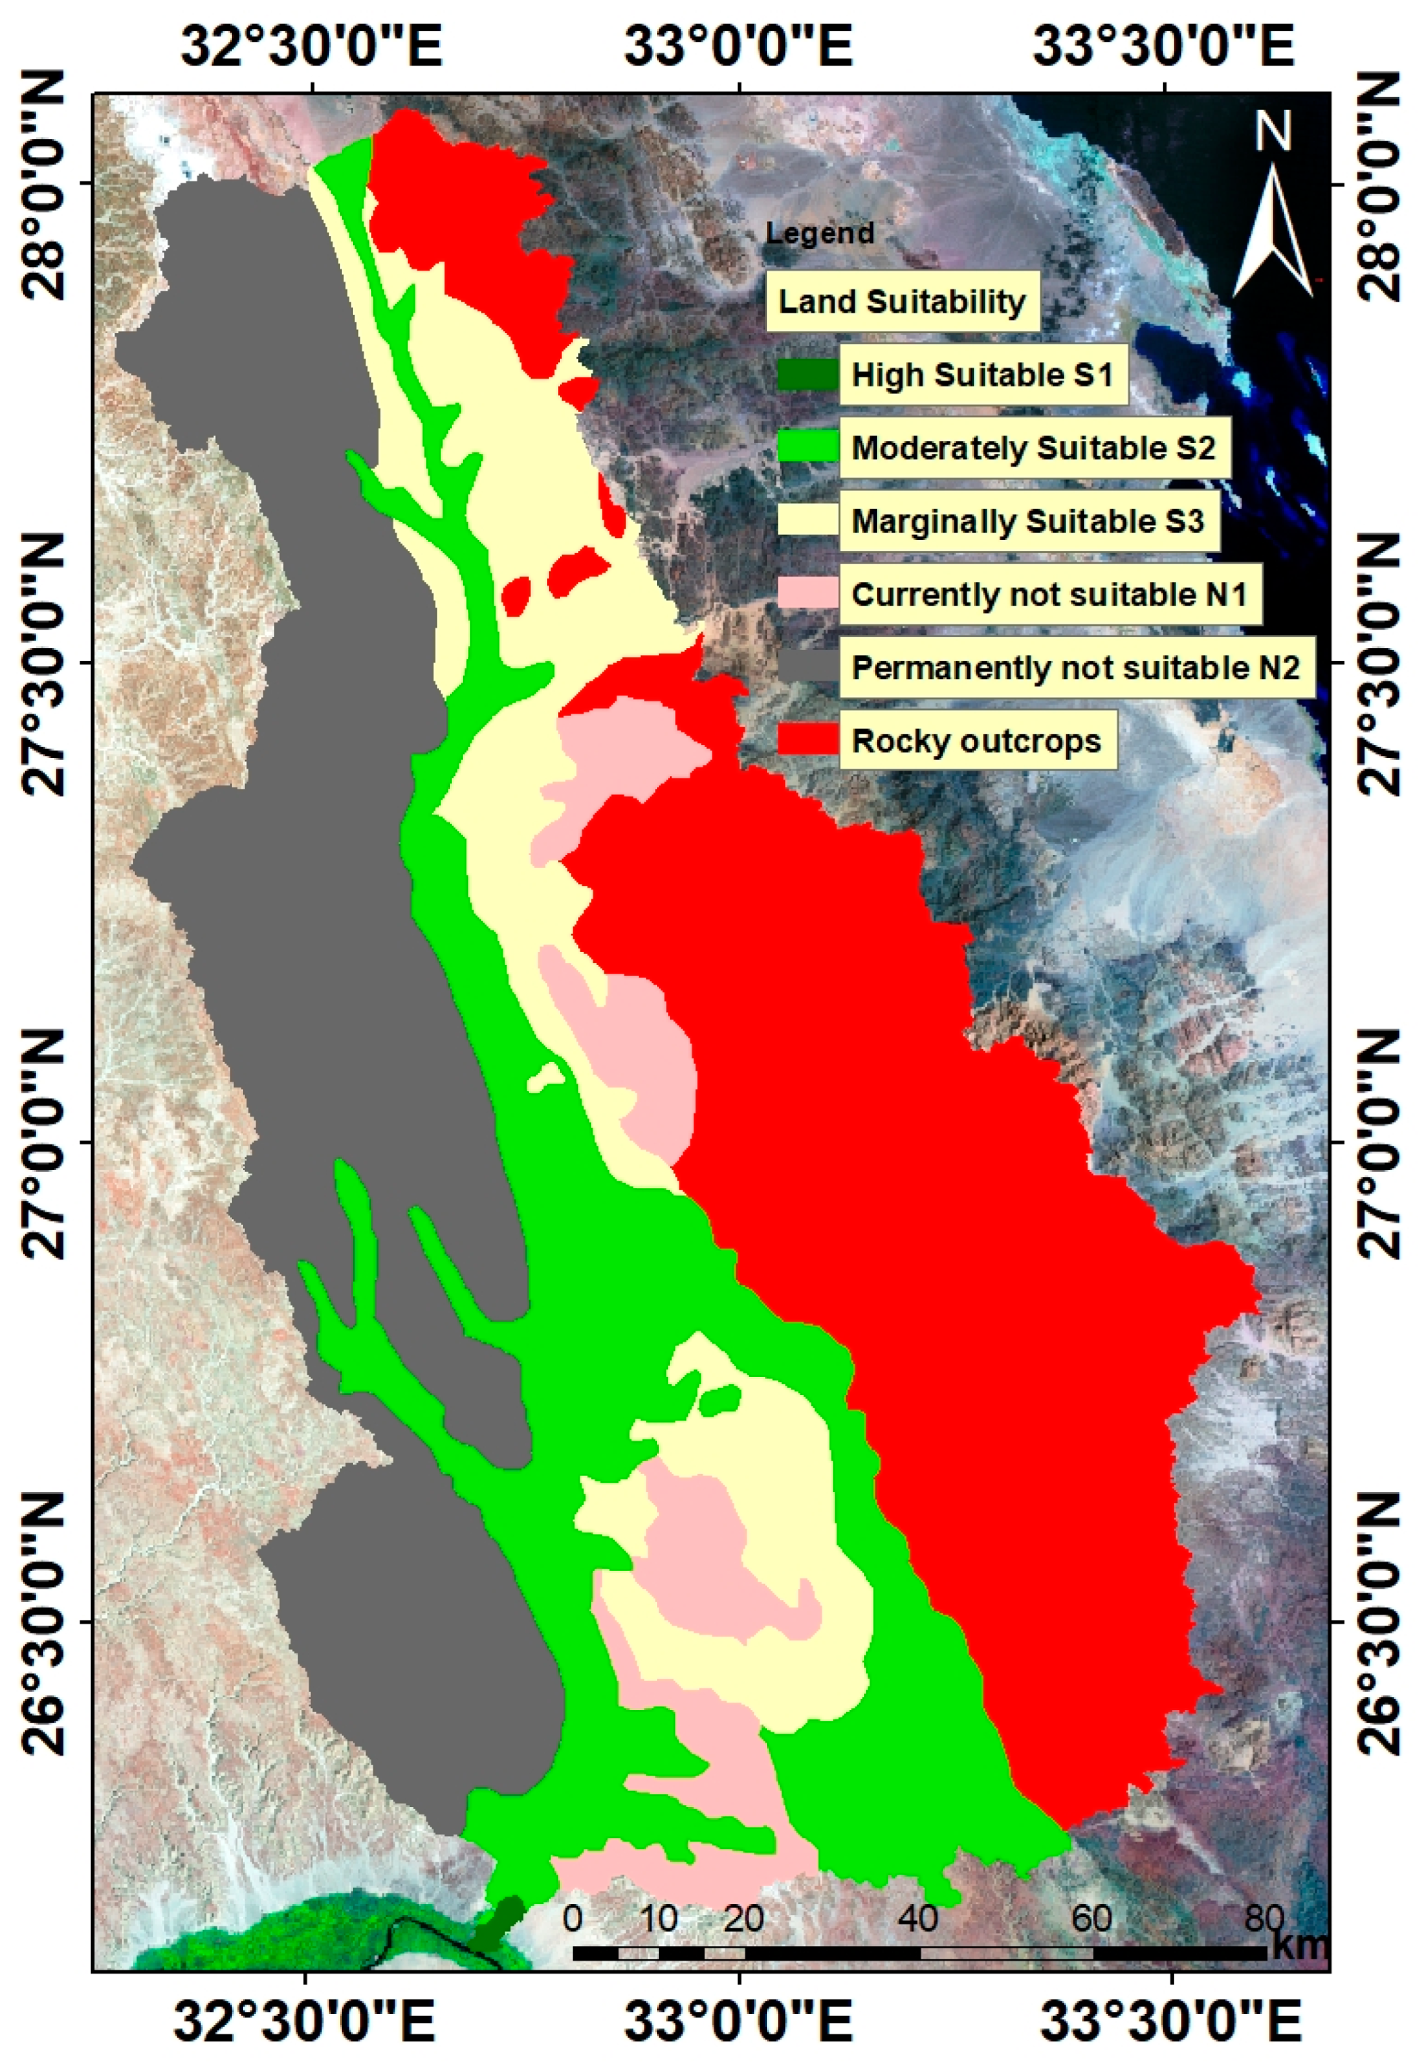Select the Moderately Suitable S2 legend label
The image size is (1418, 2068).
[1033, 448]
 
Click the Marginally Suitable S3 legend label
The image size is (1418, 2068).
[1028, 521]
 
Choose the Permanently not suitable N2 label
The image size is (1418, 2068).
[1075, 668]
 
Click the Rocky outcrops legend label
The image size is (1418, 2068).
[977, 740]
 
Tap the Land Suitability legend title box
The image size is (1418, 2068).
[902, 301]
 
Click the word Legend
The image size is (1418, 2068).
[820, 234]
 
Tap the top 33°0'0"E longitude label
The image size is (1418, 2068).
[738, 47]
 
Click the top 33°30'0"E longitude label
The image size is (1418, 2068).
[1162, 47]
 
